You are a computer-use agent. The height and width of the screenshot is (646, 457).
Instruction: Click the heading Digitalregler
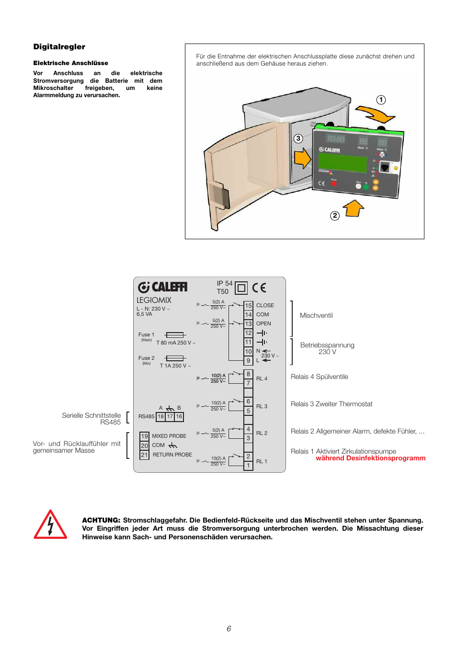click(x=59, y=47)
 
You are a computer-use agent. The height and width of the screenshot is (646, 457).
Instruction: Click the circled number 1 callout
click(x=381, y=100)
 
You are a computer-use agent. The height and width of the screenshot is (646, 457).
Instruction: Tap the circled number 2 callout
click(x=335, y=216)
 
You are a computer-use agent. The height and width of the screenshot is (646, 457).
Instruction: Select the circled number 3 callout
click(x=298, y=138)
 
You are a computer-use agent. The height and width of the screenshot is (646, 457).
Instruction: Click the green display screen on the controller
click(x=343, y=162)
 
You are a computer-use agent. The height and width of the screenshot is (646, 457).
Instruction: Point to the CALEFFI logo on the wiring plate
click(x=163, y=287)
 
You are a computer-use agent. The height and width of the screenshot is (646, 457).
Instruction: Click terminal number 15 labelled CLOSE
click(x=248, y=305)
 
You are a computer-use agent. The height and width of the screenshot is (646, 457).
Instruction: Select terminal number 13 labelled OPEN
click(x=248, y=324)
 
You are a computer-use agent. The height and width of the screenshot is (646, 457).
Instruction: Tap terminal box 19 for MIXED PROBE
click(x=144, y=436)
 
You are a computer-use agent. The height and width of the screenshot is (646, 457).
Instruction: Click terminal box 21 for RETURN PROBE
click(x=144, y=455)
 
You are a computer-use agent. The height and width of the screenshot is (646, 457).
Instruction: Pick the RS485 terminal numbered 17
click(x=170, y=417)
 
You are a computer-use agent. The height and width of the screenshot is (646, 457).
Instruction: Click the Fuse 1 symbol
click(x=175, y=335)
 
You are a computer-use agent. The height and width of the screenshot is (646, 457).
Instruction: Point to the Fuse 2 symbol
click(x=175, y=358)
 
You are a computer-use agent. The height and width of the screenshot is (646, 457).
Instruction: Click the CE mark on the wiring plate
click(x=259, y=288)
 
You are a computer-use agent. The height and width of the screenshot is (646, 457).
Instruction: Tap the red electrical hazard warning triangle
click(x=50, y=525)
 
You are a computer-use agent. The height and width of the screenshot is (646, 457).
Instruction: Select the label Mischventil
click(x=316, y=316)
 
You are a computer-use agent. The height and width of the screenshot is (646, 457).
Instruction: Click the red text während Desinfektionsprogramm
click(x=370, y=458)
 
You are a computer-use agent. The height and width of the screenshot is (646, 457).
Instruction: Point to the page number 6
click(x=229, y=629)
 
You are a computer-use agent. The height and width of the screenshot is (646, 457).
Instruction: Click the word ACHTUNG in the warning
click(x=101, y=521)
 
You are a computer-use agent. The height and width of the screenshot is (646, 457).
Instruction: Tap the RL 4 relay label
click(x=262, y=379)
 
